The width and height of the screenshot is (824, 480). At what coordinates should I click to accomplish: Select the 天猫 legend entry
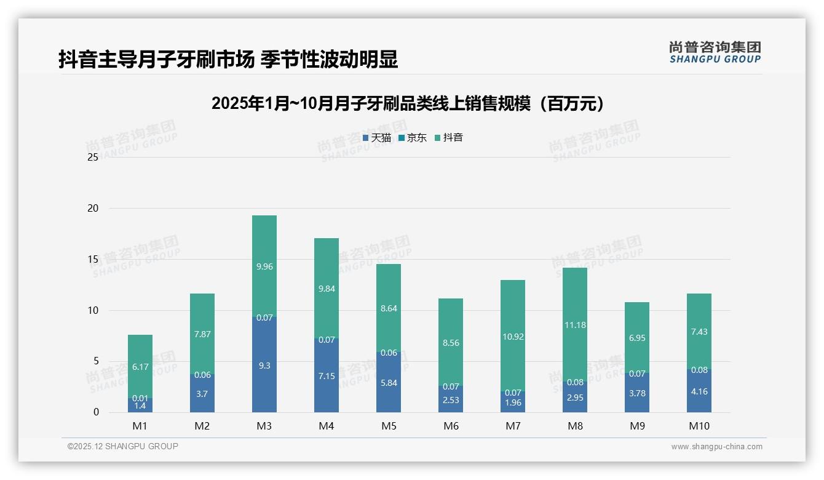click(376, 138)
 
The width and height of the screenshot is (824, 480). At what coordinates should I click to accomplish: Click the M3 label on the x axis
click(264, 426)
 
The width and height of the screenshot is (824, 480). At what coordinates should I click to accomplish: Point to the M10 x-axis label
click(699, 426)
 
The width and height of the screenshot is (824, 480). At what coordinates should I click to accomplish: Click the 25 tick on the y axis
click(93, 158)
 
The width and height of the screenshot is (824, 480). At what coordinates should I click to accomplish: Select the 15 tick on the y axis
click(93, 260)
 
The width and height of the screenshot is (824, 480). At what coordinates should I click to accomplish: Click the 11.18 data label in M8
click(575, 325)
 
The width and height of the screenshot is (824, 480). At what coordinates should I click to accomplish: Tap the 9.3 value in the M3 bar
click(264, 366)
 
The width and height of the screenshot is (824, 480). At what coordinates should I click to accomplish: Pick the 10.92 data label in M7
click(513, 337)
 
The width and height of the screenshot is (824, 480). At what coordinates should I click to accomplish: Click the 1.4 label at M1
click(140, 406)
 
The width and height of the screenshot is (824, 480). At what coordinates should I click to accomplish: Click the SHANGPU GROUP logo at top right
click(715, 52)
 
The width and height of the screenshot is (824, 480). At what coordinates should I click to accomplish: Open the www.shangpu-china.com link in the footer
click(716, 447)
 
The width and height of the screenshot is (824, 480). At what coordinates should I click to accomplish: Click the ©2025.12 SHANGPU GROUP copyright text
click(123, 447)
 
